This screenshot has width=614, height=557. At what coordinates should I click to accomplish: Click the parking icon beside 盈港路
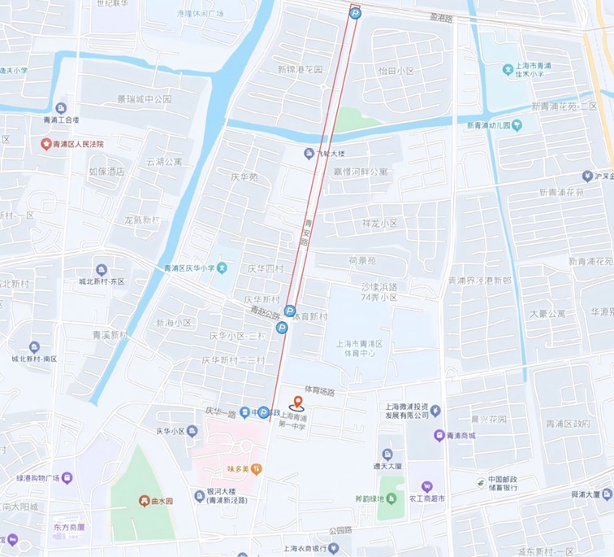pyautogui.click(x=355, y=12)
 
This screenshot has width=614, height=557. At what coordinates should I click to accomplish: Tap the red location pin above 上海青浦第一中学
pyautogui.click(x=298, y=401)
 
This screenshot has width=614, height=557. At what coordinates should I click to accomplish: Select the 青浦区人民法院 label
pyautogui.click(x=79, y=144)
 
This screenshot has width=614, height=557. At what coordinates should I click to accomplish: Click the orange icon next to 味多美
pyautogui.click(x=257, y=468)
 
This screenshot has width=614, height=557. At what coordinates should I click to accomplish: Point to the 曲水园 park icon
pyautogui.click(x=144, y=501)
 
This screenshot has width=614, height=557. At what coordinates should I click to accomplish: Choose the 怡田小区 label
pyautogui.click(x=396, y=71)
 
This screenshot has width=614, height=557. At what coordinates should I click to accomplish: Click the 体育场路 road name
pyautogui.click(x=319, y=391)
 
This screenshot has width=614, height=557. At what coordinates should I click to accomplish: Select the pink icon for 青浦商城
pyautogui.click(x=439, y=436)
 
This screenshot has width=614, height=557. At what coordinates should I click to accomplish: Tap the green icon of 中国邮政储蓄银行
pyautogui.click(x=481, y=483)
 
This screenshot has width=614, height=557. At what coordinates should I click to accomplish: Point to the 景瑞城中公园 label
pyautogui.click(x=144, y=99)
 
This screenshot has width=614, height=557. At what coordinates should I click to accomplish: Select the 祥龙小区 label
pyautogui.click(x=379, y=223)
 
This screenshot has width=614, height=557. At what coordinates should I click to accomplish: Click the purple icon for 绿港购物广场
pyautogui.click(x=67, y=477)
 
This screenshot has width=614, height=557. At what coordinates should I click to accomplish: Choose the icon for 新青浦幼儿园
pyautogui.click(x=517, y=125)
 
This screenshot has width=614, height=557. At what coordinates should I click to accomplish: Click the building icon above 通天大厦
pyautogui.click(x=387, y=454)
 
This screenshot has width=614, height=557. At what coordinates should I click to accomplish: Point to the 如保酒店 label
pyautogui.click(x=106, y=172)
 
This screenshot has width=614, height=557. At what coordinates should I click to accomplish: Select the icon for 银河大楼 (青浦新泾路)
pyautogui.click(x=199, y=494)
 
